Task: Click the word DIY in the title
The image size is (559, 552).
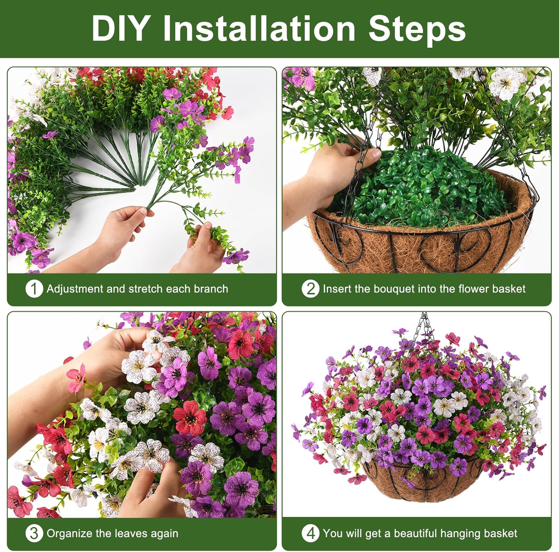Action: pos(120,28)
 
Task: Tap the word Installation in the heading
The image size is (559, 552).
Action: pos(259,28)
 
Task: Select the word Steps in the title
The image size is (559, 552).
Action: pos(417,30)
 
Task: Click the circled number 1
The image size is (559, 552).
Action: pos(34,289)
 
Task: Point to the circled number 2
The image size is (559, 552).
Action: pos(310,289)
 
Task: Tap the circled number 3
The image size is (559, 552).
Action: pos(34,533)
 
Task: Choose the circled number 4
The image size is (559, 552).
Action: pos(310,533)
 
